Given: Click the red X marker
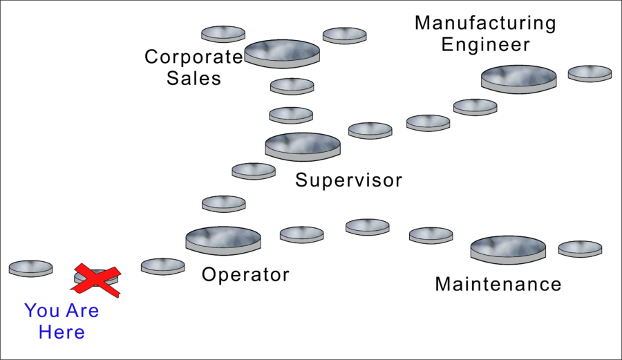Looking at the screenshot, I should point(97,279).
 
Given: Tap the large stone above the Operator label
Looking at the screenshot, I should point(223,238).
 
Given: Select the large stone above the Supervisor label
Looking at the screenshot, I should point(303,146).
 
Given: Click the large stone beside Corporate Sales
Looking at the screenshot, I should point(282,53).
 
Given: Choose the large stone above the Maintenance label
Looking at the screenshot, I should point(508,249).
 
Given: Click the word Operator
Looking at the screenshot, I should point(245,275).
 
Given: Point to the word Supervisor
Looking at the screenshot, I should point(348,181).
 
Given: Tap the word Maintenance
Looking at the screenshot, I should point(498,284).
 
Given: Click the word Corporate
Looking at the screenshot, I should point(194,57).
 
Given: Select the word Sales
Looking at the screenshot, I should point(194,78).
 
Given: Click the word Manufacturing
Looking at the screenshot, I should point(485,23).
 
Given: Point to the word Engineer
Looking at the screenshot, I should point(485,45).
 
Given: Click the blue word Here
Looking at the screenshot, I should point(62,332).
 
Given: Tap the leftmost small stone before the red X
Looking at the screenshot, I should point(30,268).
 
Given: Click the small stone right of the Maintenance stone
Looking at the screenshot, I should point(580,249).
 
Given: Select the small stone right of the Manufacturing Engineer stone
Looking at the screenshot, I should point(590,73).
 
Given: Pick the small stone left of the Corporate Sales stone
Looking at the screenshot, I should point(223,34).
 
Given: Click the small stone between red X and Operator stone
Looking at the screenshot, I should point(162,266).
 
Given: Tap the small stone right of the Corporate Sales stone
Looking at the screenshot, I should point(345,35).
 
